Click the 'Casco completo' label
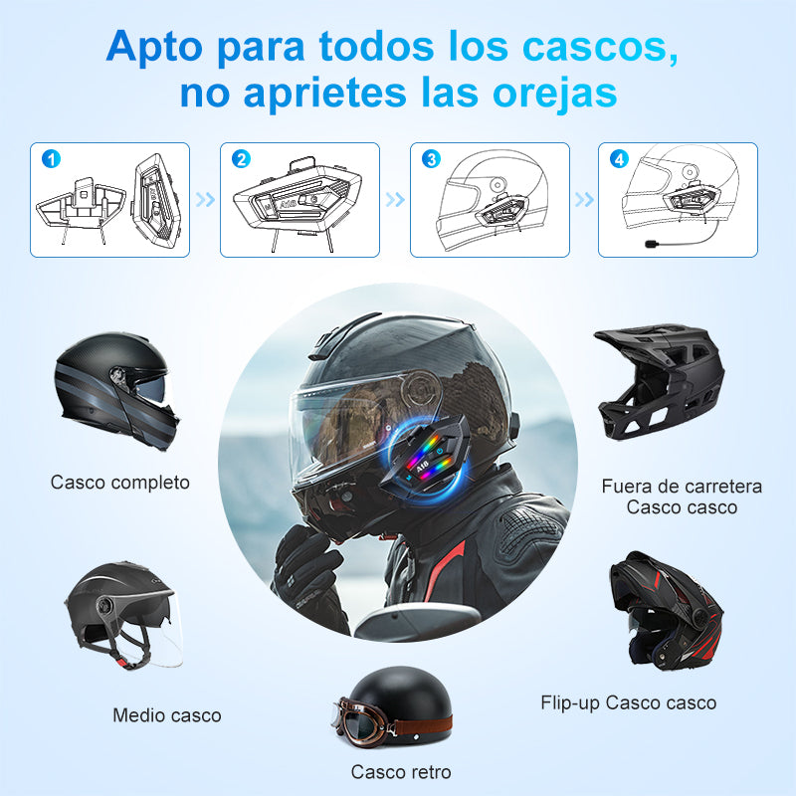119,483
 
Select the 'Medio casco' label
167,714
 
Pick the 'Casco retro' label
401,771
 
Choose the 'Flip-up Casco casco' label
628,702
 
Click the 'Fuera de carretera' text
682,487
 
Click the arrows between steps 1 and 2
205,199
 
